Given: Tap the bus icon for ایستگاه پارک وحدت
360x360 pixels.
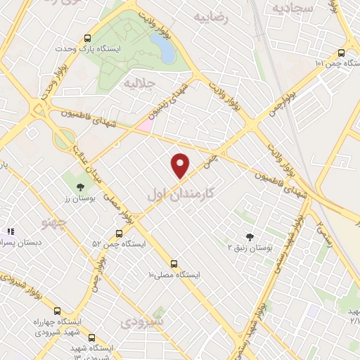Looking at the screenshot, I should coord(87,39).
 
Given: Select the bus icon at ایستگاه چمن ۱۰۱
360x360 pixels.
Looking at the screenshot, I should coord(342,53).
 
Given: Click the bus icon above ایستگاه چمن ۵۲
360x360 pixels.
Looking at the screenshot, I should coord(118,234).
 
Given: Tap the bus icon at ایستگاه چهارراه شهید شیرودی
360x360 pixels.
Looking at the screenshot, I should coord(57,311).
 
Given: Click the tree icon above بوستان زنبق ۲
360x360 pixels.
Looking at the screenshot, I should coord(250,237).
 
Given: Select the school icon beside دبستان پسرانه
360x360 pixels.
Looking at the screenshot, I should coord(11,231).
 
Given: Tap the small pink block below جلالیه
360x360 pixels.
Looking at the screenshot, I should coord(144,124).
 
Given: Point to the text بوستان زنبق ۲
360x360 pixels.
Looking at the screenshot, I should coord(250,247).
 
